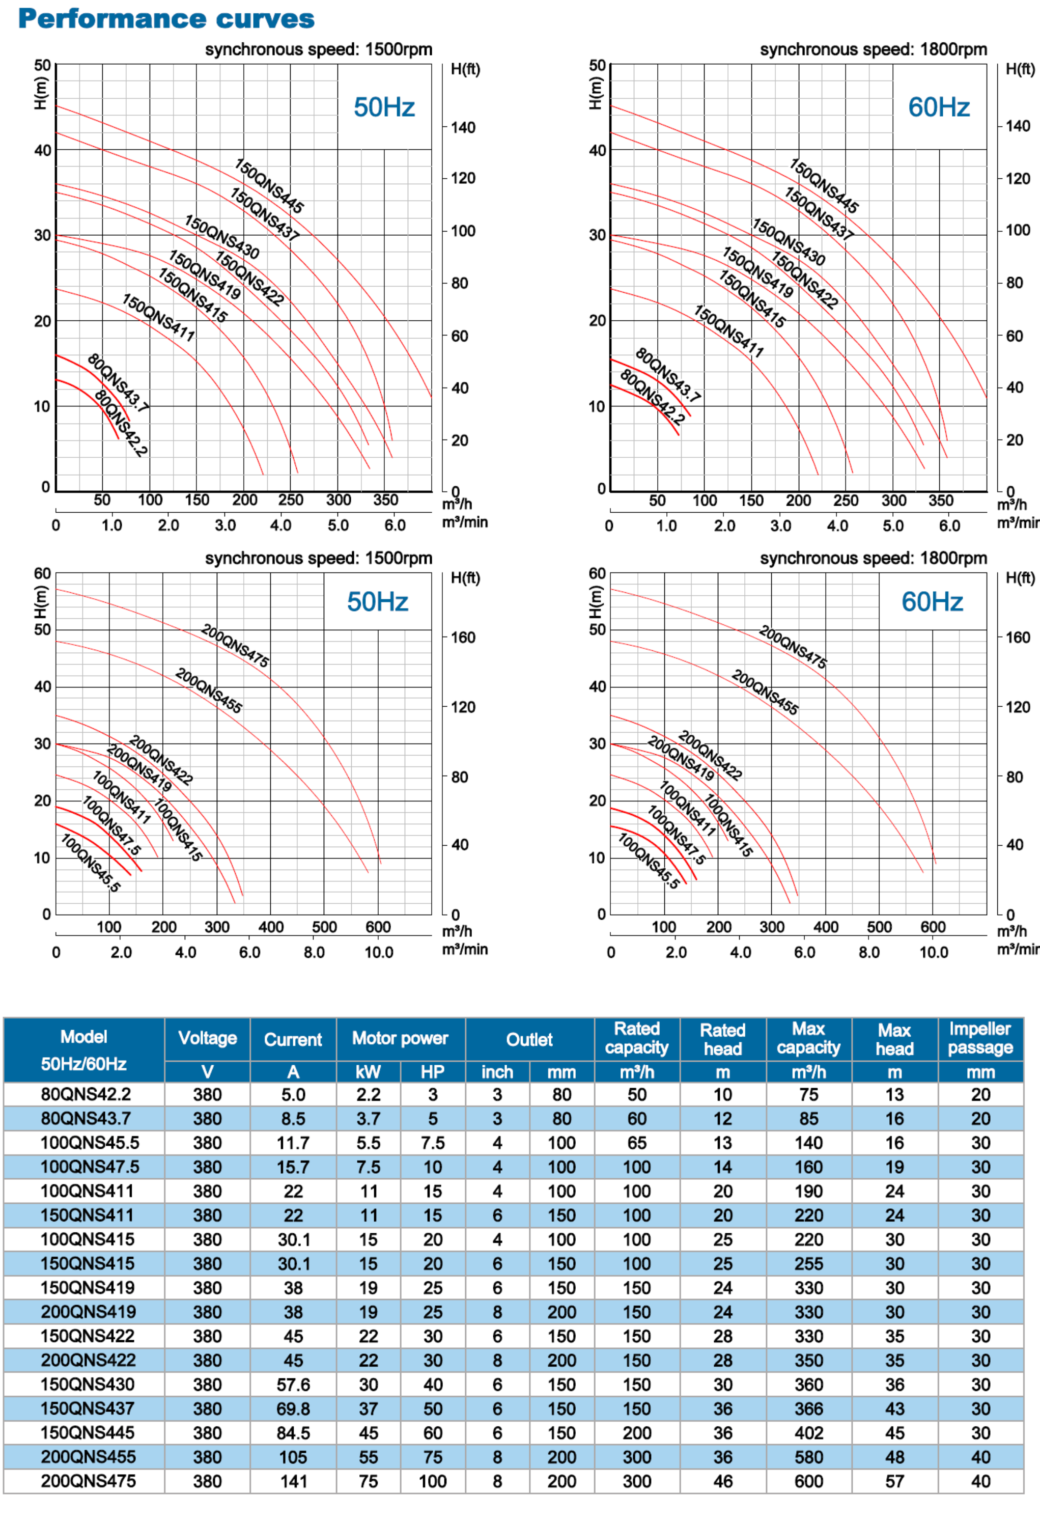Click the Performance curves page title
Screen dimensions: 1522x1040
[166, 19]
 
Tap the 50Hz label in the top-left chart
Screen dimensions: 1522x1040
[384, 107]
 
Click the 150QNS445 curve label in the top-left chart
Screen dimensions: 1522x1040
[269, 186]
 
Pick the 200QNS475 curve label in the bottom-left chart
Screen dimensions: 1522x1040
[235, 646]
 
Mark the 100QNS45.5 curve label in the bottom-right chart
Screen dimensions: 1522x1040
[649, 861]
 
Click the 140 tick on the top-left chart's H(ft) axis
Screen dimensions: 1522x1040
[463, 128]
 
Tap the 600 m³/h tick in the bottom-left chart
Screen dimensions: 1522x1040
[378, 927]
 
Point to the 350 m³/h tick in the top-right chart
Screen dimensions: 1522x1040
[940, 501]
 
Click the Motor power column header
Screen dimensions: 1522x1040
[400, 1039]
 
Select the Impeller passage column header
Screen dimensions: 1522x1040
[980, 1039]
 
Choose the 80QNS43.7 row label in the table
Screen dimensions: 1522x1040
[86, 1119]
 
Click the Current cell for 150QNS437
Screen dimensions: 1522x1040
[293, 1408]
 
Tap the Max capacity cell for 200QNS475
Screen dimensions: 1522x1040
[808, 1481]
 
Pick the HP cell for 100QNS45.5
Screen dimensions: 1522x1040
[432, 1143]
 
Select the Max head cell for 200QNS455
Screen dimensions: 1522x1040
[894, 1457]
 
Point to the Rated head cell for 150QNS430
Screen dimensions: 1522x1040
[722, 1385]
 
